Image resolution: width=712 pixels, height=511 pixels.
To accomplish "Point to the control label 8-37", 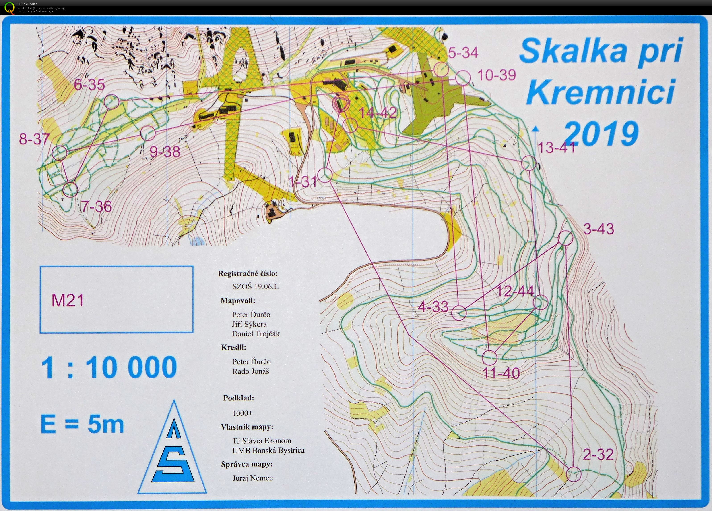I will pos(34,139).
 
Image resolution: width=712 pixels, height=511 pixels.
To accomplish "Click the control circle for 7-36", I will pos(70,190).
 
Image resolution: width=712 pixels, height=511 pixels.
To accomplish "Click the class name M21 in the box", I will pos(68,300).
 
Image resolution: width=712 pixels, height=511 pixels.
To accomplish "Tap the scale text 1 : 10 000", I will pos(109,367).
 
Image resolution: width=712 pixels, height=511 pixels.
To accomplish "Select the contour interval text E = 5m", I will pos(82,425).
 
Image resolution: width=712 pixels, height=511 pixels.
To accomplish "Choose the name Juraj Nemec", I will pos(252,478).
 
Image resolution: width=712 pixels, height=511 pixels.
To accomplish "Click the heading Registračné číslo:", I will pos(248,273).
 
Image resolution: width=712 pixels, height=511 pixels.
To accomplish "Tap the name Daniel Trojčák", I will pos(256,334).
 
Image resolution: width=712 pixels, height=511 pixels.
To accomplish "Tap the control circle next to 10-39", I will pos(463,78).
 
